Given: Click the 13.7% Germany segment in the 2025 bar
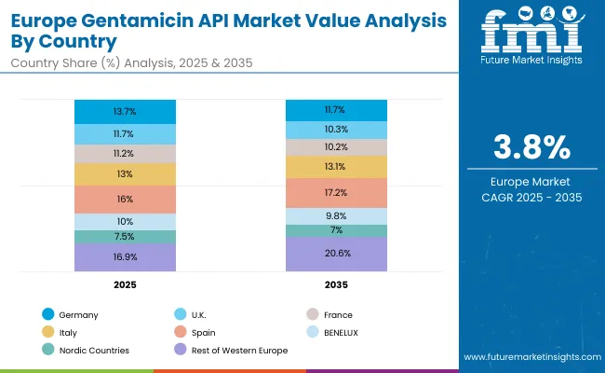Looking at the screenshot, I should point(125,111).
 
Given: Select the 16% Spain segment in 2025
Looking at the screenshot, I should point(125,199).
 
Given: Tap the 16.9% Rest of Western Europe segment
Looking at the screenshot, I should point(125,256).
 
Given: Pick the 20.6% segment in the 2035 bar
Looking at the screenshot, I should point(336,253).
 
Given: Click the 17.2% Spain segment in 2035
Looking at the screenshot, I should point(336,192).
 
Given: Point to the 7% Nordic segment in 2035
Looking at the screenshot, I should point(336,229).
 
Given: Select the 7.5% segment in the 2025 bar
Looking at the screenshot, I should point(125,236).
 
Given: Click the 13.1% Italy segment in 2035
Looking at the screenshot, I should point(336,167).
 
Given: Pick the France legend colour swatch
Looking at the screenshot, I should point(314,315).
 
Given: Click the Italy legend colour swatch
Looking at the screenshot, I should point(48,332).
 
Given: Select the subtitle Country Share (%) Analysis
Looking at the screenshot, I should point(93,62).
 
